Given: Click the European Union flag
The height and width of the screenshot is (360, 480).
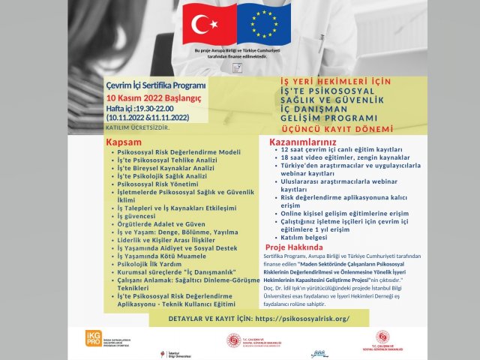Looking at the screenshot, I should click(x=264, y=22).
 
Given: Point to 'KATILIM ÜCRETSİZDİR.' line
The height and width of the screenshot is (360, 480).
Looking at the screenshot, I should click(x=143, y=127).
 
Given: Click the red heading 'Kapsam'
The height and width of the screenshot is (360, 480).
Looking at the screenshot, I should click(x=124, y=142).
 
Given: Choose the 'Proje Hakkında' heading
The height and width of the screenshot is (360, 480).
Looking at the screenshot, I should click(x=294, y=247).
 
